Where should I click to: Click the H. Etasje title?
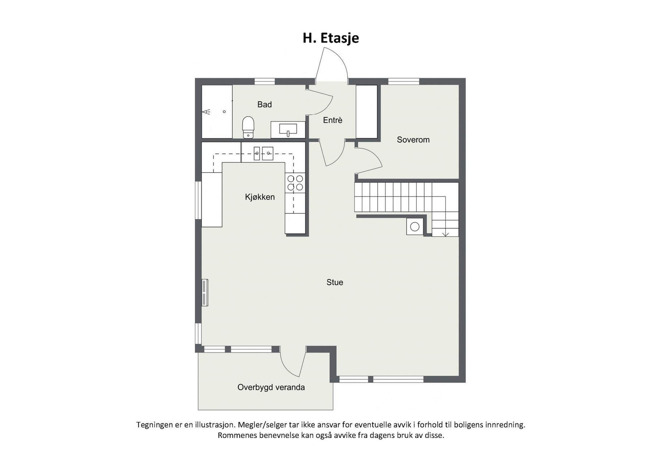331,38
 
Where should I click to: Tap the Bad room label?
264,105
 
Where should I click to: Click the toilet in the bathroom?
248,127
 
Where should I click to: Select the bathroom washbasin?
288,129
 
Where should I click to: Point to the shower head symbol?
206,112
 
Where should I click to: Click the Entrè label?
333,120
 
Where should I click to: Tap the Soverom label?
413,140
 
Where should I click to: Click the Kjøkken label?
260,197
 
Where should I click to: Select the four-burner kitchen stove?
295,183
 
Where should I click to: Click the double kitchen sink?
263,153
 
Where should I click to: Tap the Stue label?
335,282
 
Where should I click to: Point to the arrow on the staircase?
445,234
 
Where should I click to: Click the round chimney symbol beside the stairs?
415,227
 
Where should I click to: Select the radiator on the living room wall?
205,292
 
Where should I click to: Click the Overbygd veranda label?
271,387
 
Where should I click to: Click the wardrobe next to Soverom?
367,112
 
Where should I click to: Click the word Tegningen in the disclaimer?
155,425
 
